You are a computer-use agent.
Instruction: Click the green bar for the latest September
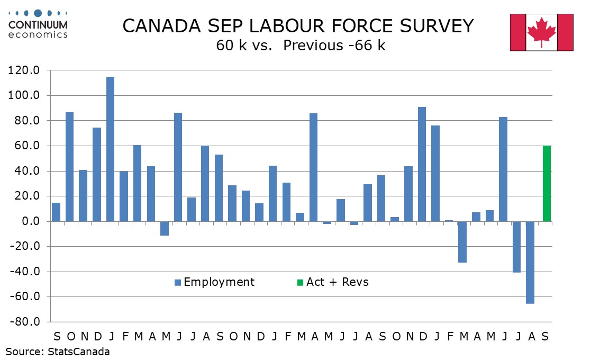click(x=547, y=183)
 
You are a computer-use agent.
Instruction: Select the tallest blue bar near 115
click(x=110, y=149)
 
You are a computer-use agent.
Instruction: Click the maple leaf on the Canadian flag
click(x=542, y=31)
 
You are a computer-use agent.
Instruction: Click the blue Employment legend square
click(x=178, y=282)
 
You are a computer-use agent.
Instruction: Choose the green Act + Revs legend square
click(x=300, y=282)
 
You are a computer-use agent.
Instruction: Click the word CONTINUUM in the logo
click(x=38, y=24)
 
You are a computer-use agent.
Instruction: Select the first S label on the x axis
click(x=56, y=337)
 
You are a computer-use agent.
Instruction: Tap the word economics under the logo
click(x=38, y=35)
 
